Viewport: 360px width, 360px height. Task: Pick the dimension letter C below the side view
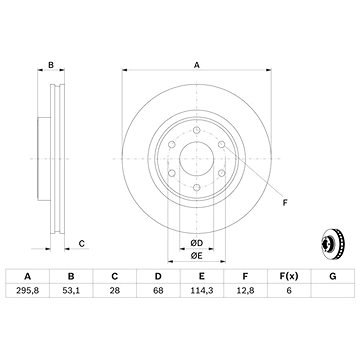tap(82, 242)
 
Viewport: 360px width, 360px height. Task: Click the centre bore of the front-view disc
tap(198, 155)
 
